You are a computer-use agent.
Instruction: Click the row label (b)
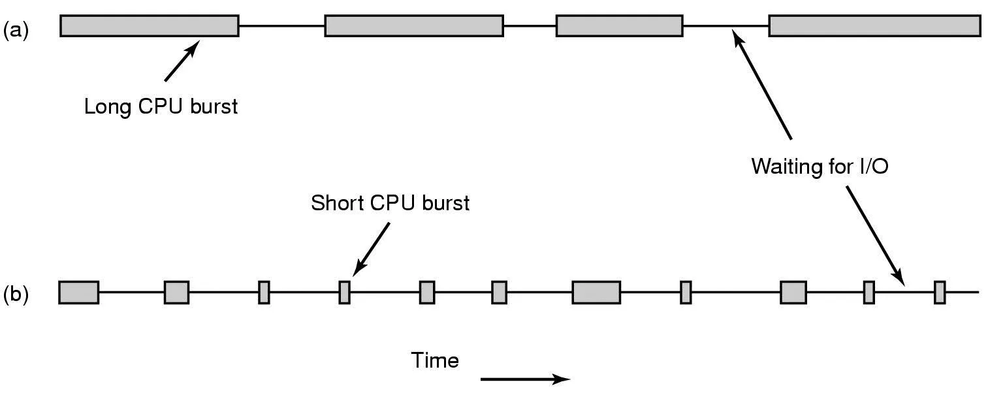(16, 295)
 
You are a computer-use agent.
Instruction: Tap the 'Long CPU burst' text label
(161, 106)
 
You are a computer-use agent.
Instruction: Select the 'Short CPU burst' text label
(390, 203)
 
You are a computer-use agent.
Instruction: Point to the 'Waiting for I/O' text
(820, 166)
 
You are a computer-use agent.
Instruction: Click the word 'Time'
(435, 360)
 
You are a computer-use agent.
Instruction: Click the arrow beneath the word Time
(526, 379)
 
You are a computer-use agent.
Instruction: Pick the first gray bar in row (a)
(150, 25)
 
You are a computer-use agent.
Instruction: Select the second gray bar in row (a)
(414, 25)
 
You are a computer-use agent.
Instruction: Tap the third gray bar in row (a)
(619, 25)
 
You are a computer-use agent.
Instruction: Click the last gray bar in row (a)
(874, 25)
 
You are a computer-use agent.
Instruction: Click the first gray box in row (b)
(78, 292)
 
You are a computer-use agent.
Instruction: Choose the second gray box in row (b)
(176, 292)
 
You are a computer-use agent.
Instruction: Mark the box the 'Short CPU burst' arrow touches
(344, 292)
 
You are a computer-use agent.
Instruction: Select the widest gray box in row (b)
(596, 292)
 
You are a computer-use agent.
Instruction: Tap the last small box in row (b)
(940, 292)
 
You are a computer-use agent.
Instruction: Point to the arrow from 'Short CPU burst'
(372, 249)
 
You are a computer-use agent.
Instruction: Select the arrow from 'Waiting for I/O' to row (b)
(876, 235)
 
